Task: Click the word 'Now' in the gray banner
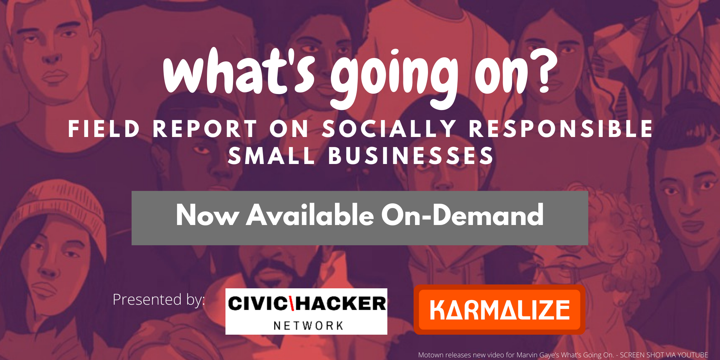(207, 215)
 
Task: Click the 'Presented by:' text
(159, 300)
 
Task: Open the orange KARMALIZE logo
(499, 310)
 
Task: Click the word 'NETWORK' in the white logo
(308, 326)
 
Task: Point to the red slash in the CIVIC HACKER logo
(291, 303)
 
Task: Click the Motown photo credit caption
(563, 355)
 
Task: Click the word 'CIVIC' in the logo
(258, 303)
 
